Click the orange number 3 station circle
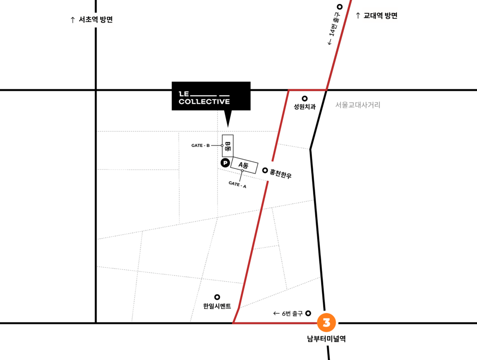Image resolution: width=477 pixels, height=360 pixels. click(x=327, y=323)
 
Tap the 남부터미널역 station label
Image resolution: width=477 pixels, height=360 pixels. click(x=327, y=339)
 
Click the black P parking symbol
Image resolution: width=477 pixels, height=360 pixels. click(x=225, y=163)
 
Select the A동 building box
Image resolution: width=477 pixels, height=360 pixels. click(x=244, y=165)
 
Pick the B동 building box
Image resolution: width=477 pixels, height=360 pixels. click(x=227, y=146)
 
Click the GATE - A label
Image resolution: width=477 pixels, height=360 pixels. click(x=237, y=185)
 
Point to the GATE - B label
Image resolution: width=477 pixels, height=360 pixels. click(x=201, y=145)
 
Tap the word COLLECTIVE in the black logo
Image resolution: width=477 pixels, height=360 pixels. click(x=204, y=102)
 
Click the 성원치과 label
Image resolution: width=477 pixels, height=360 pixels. click(x=304, y=106)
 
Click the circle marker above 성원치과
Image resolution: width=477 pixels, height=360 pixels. click(x=304, y=98)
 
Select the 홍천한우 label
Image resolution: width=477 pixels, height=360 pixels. click(x=280, y=173)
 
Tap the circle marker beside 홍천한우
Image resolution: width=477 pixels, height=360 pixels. click(x=265, y=170)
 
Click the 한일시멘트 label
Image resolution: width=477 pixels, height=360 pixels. click(x=217, y=306)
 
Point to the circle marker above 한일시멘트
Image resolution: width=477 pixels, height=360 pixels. click(x=217, y=297)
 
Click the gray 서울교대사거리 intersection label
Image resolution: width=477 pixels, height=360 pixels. click(x=358, y=105)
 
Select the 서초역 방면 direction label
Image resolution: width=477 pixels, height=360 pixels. click(x=96, y=20)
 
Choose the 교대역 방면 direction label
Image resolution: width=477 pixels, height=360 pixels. click(x=381, y=16)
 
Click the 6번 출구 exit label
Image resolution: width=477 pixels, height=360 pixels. click(x=292, y=313)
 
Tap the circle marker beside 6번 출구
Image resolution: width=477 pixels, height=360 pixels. click(x=308, y=313)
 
